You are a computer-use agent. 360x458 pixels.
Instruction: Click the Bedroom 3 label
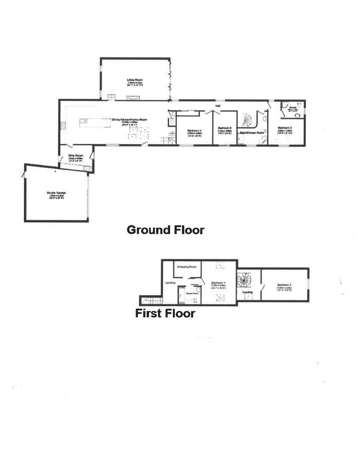tap(285, 128)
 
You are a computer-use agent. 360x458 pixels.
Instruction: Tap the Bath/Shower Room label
tap(252, 133)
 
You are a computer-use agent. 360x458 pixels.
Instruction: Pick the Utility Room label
tap(75, 156)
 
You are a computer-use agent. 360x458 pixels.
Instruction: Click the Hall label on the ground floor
tap(218, 106)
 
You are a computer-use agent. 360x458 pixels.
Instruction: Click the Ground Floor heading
tap(166, 230)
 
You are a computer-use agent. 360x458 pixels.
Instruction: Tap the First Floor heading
tap(165, 313)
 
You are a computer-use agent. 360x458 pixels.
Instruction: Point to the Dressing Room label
tap(187, 267)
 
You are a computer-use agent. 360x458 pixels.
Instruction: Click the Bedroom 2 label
tap(284, 285)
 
